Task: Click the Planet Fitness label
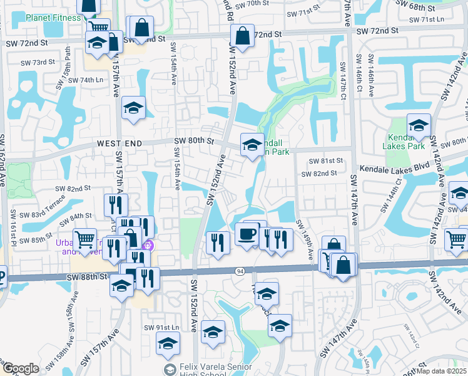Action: (x=53, y=18)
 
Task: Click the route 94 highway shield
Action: (x=240, y=271)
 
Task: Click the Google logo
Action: (x=21, y=368)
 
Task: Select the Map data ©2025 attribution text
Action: (x=442, y=371)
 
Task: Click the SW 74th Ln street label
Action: (x=85, y=80)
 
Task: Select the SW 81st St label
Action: (x=323, y=161)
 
